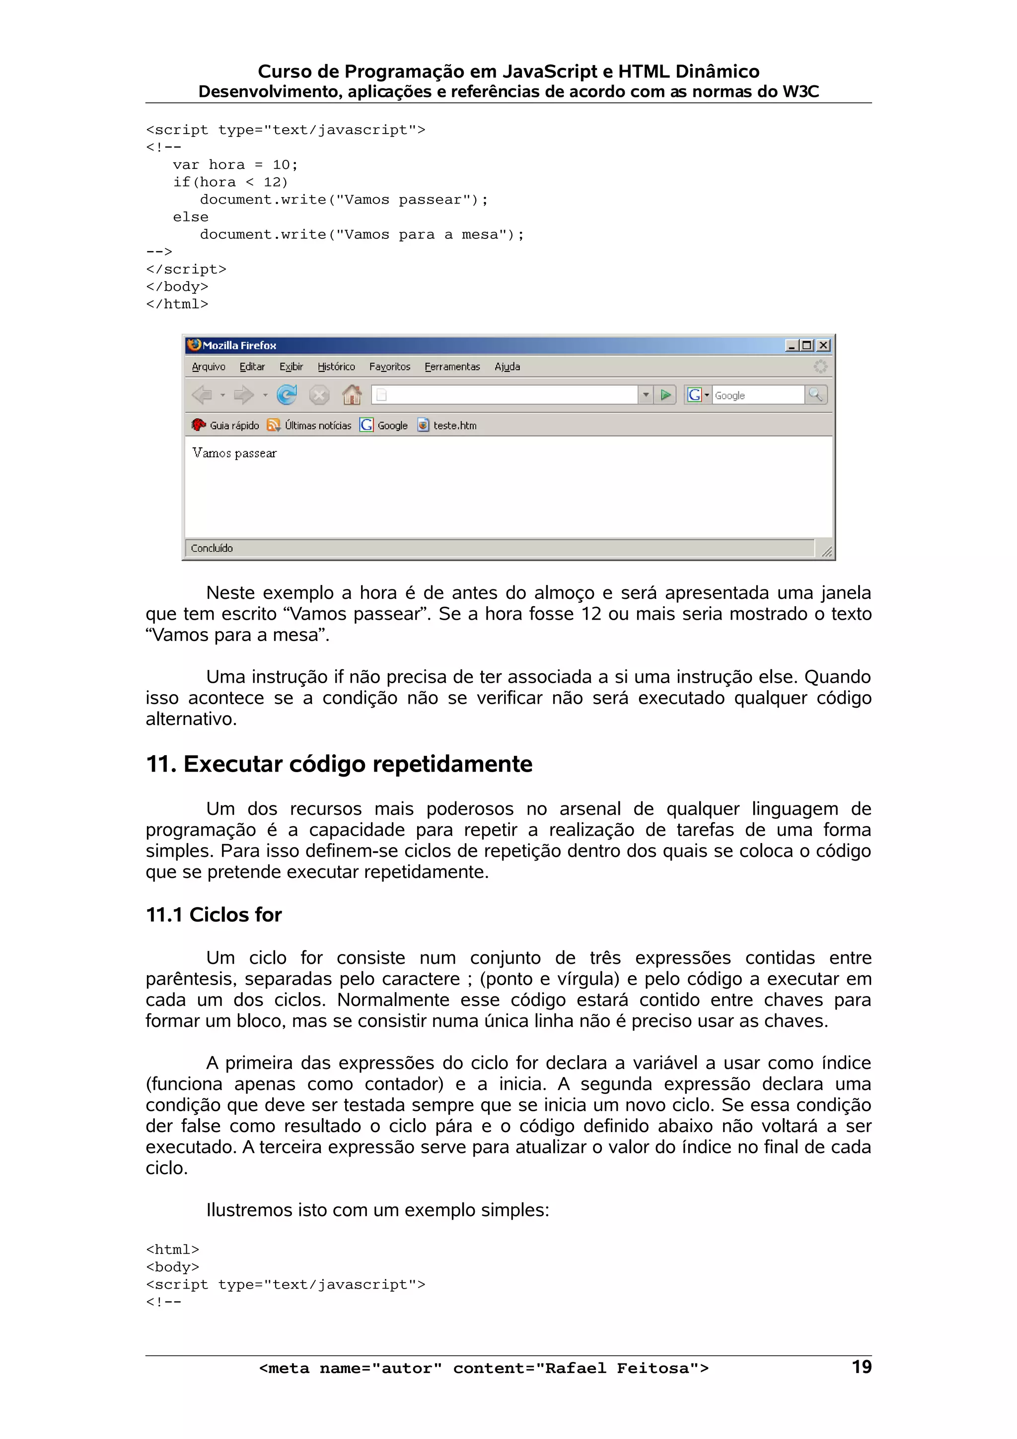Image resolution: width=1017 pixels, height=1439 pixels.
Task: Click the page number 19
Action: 861,1367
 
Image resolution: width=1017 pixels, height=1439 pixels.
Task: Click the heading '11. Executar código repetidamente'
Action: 339,764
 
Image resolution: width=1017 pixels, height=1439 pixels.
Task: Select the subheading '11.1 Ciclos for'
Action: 214,915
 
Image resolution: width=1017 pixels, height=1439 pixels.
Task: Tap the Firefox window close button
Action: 823,345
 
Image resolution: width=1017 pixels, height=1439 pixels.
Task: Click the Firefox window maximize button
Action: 807,345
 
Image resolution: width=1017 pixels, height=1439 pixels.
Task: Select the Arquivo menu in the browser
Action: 208,366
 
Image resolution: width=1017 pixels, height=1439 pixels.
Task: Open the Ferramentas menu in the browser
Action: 452,366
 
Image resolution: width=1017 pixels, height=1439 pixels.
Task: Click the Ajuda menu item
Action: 507,366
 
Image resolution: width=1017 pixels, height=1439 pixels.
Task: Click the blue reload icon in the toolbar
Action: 287,395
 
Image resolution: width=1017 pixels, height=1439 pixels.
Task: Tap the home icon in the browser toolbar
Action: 352,395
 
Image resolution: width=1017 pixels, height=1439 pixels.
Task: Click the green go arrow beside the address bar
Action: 665,395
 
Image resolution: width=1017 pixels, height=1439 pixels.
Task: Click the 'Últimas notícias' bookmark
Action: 317,426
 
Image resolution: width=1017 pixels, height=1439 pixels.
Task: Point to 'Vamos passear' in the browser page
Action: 234,453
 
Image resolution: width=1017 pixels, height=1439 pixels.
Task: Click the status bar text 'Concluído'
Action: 212,548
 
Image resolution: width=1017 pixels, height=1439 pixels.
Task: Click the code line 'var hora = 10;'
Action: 235,165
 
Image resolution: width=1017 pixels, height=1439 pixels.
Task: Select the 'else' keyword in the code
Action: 191,217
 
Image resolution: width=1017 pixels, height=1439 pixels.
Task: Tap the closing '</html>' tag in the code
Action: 177,304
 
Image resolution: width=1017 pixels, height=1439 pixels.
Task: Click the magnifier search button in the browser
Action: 815,395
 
